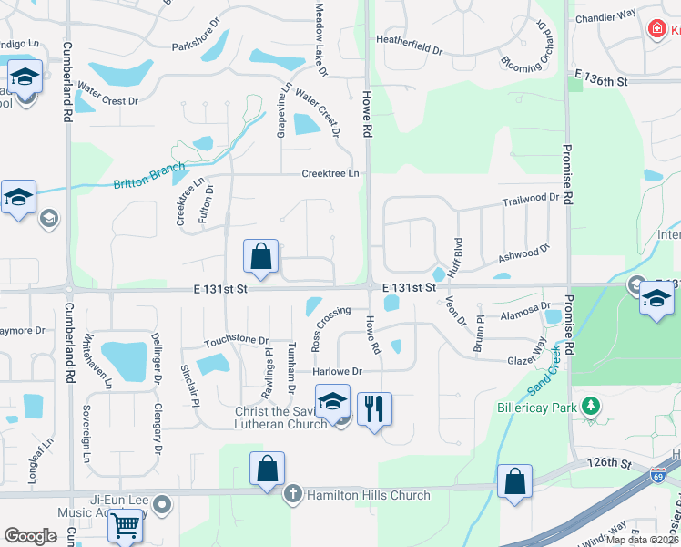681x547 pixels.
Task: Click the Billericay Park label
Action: point(534,408)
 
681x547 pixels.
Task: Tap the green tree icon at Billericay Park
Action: point(592,405)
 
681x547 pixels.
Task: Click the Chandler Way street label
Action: point(606,15)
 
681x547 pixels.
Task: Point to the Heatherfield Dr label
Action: point(409,40)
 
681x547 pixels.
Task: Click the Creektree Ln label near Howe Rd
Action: point(330,173)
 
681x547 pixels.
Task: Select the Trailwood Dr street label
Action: point(530,197)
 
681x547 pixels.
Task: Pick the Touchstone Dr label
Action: point(236,341)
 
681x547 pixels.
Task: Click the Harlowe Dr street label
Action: point(337,371)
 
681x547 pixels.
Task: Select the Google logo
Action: point(31,535)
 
